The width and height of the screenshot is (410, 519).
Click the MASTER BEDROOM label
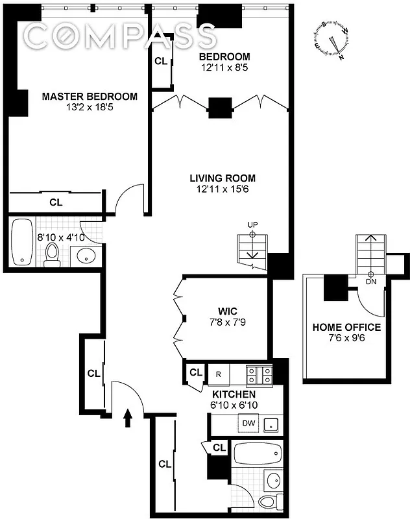(90, 97)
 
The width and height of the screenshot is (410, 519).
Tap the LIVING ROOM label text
(223, 178)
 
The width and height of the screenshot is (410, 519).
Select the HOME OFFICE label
(346, 327)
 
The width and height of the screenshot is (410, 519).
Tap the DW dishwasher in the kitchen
(248, 423)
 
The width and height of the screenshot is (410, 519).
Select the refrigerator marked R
(219, 374)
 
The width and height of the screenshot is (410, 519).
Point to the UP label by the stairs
(252, 225)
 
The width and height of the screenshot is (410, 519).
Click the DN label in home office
(371, 282)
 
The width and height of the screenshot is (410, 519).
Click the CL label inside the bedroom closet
(161, 62)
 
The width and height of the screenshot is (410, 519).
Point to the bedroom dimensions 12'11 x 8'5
(224, 67)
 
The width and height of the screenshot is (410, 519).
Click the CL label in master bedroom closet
(56, 202)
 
